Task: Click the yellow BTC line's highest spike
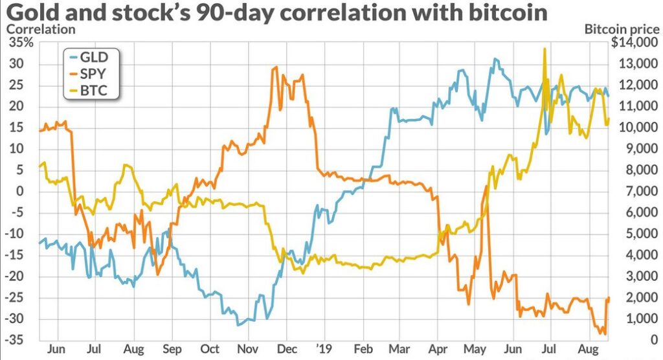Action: (x=545, y=49)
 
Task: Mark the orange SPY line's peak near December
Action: (x=277, y=67)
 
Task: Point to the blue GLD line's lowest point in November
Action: (x=238, y=324)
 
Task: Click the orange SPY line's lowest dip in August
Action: (x=603, y=334)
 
